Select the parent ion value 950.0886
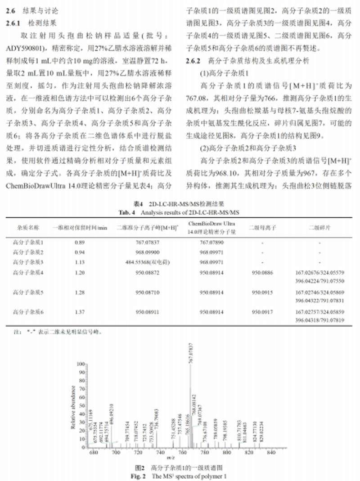(x=261, y=272)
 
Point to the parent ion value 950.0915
(x=261, y=292)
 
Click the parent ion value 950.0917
(x=261, y=311)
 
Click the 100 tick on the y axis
(x=81, y=363)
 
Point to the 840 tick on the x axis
(x=271, y=453)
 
